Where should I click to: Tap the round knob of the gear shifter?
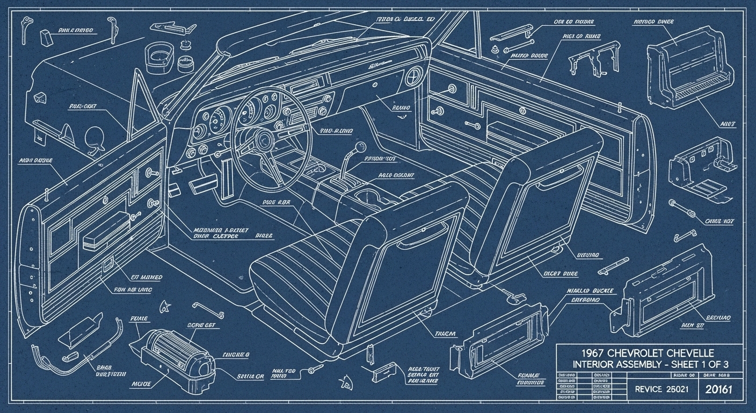click(357, 146)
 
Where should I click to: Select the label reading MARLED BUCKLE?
click(588, 291)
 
